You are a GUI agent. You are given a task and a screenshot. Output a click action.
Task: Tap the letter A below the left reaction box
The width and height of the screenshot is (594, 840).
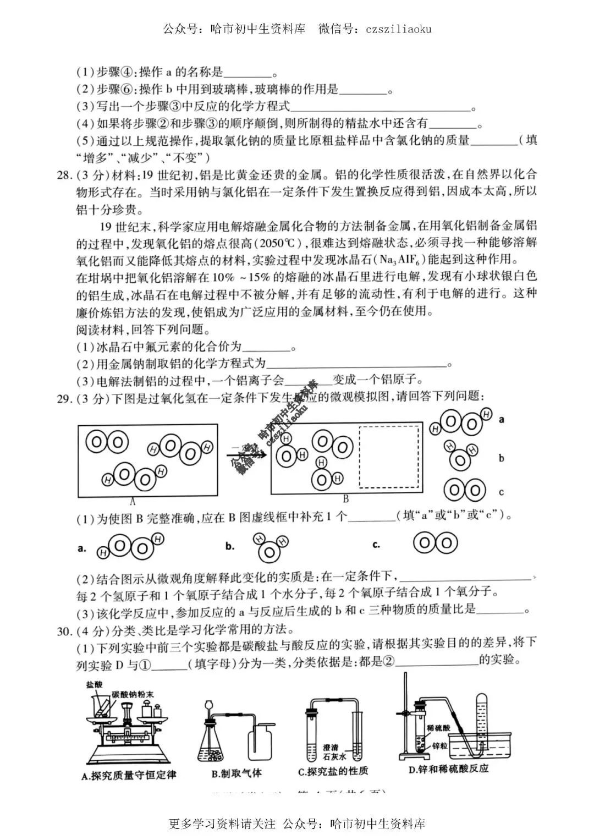click(133, 501)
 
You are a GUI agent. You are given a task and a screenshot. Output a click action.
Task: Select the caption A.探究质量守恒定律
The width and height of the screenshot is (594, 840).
click(129, 775)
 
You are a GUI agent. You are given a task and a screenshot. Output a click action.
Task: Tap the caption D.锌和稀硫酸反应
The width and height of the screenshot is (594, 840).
click(448, 769)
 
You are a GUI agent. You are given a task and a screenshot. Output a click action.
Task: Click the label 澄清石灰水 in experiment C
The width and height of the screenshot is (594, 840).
click(331, 752)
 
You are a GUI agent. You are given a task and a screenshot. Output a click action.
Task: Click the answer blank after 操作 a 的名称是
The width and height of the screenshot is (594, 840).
click(249, 72)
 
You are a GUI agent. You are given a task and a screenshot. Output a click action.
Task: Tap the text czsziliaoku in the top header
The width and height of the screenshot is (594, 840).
click(399, 28)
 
